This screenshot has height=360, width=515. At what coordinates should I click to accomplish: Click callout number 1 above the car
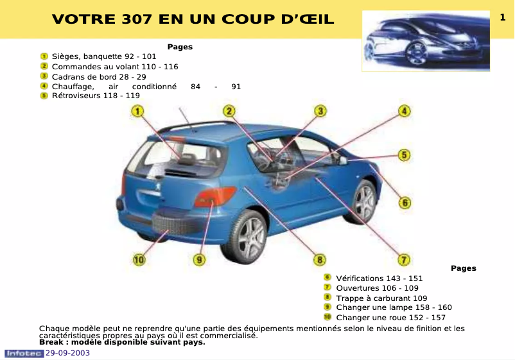point(137,112)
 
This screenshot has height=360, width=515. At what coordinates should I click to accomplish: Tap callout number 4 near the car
point(404,111)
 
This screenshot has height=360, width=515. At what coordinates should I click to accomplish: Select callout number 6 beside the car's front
point(405,203)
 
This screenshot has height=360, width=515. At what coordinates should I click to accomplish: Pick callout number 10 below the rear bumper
point(139,259)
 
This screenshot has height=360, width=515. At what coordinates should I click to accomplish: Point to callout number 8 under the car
point(319,259)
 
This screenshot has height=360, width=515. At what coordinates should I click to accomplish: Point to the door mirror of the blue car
point(343,160)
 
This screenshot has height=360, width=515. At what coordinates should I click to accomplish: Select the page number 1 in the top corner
point(503,18)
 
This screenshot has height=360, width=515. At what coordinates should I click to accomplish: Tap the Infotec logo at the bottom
point(24,353)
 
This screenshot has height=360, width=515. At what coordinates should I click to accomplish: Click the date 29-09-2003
point(67,353)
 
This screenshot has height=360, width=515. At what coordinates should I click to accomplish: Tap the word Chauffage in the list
point(73,86)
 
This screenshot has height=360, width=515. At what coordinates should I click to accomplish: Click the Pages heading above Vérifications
point(463,268)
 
